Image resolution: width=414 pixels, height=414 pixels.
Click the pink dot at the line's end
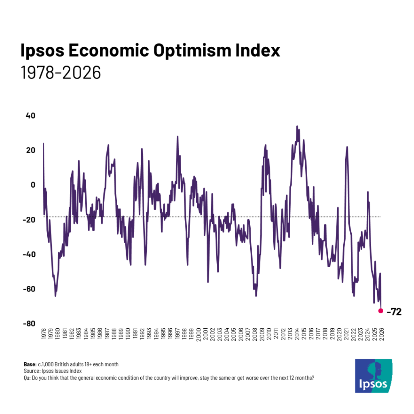tap(380, 310)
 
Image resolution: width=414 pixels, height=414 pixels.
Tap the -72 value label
tap(394, 312)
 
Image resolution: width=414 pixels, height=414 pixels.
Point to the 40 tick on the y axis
tap(31, 115)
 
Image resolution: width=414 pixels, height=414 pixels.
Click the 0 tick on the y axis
tap(33, 185)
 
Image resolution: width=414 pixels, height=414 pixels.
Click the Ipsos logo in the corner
tap(373, 376)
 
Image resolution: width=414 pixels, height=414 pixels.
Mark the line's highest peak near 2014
tap(297, 126)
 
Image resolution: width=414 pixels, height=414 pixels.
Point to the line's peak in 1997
tap(177, 137)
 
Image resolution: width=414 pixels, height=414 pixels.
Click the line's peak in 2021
tap(347, 147)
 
